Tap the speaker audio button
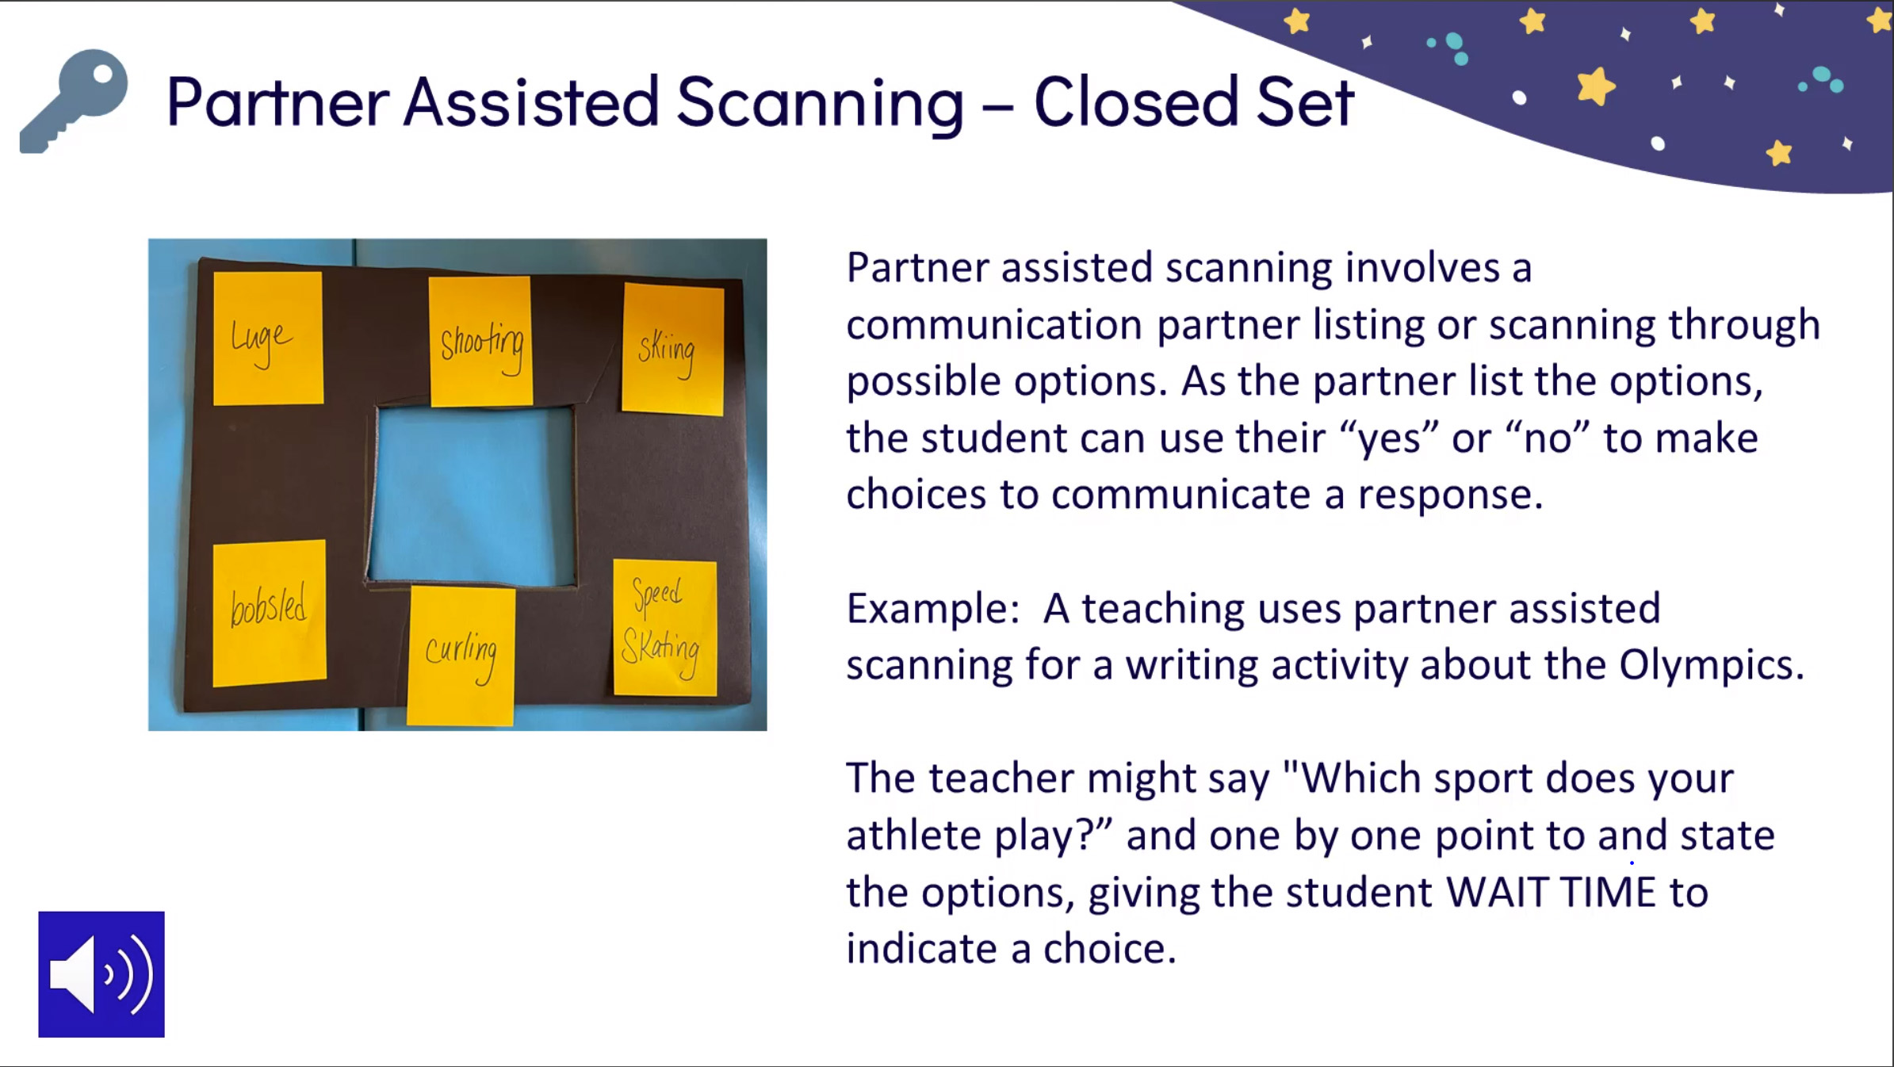[101, 974]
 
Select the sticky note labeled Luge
[268, 338]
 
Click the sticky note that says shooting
[480, 341]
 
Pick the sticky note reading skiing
[672, 349]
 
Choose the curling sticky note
[461, 655]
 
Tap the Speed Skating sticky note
[664, 628]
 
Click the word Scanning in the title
[820, 102]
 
